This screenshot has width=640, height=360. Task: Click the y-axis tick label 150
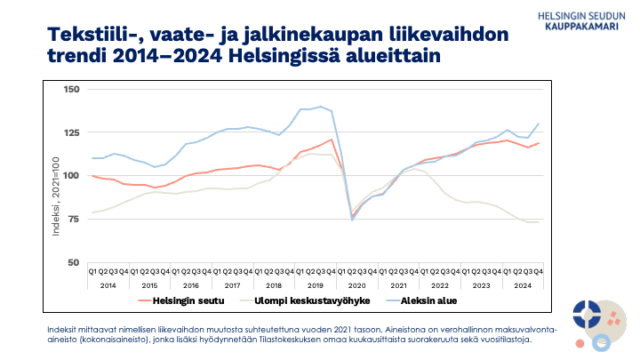tap(72, 90)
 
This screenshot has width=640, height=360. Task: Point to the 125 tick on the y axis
tap(72, 132)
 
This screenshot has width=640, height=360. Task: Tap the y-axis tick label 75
tap(75, 219)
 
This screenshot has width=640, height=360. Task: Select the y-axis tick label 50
tap(75, 262)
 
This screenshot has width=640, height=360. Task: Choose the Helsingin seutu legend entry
tap(178, 300)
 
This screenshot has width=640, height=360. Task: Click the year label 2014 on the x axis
tap(108, 284)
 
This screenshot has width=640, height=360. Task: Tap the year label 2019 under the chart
tap(316, 284)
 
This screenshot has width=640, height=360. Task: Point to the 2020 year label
tap(357, 284)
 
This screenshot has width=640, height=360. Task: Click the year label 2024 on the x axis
tap(524, 284)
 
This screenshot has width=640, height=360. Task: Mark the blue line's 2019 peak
tap(320, 107)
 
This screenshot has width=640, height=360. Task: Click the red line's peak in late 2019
tap(331, 139)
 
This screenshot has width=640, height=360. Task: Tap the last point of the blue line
tap(540, 124)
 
